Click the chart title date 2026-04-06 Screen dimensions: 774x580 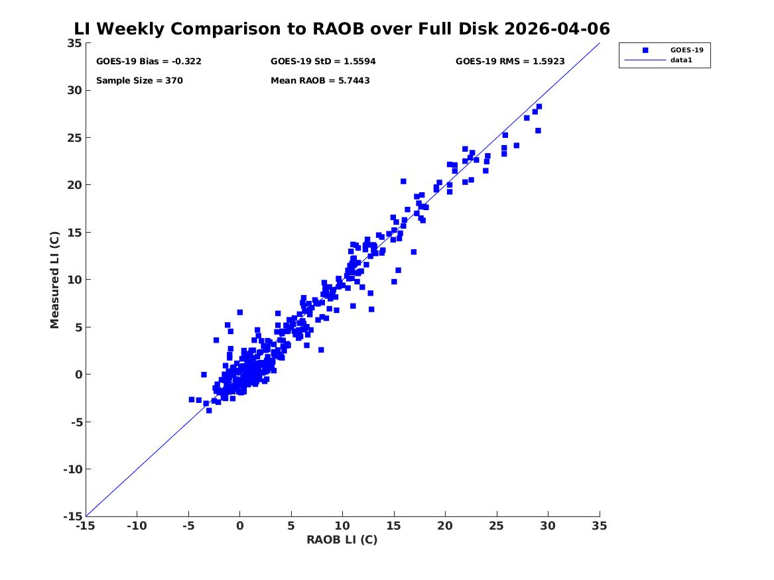557,29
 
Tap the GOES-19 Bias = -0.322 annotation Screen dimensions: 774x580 149,62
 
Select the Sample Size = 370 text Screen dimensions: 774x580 139,80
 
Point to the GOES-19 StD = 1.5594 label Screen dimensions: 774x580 323,62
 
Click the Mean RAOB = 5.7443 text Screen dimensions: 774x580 320,80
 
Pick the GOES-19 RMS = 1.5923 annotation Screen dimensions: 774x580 510,62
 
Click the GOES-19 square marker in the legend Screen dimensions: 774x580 645,50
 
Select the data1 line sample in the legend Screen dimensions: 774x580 645,60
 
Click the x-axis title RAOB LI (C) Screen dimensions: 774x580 342,540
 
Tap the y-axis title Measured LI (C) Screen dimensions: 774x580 54,280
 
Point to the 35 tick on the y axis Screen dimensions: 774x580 74,43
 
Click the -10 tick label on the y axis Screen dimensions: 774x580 72,469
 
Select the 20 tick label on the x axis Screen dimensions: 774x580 445,526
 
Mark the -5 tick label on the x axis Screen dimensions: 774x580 188,526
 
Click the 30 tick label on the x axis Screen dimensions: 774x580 548,526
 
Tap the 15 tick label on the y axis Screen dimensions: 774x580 74,232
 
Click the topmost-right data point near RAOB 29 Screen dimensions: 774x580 539,107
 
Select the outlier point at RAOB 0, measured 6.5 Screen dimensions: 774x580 240,312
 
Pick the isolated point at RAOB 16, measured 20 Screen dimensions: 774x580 403,182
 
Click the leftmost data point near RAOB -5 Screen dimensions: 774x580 192,400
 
